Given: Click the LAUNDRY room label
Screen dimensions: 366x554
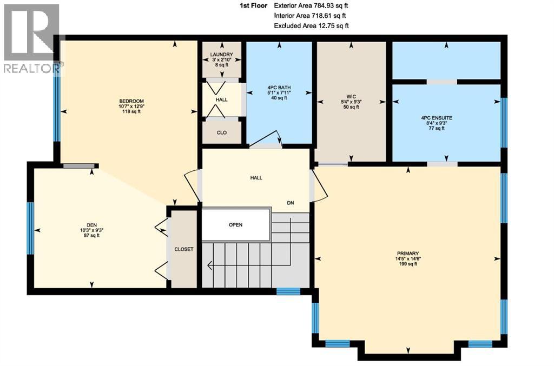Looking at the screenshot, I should (x=221, y=55).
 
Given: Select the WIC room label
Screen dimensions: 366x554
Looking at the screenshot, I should (x=351, y=95).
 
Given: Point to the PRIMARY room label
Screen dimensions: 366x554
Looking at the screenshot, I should (x=408, y=252).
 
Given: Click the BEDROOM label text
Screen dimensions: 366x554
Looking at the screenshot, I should (x=131, y=101).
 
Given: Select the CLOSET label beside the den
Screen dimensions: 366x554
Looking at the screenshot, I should (x=184, y=249).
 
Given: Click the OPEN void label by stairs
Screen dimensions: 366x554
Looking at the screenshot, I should (x=235, y=224).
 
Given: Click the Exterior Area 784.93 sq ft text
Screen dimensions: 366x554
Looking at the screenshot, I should (x=312, y=5).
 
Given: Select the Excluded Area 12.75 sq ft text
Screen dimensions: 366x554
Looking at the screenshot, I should (x=311, y=25).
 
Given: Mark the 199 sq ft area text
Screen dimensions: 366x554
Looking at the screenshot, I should (x=408, y=264).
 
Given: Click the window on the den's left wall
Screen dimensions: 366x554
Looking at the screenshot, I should (x=31, y=228).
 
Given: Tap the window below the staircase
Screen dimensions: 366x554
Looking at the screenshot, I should (x=288, y=291).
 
